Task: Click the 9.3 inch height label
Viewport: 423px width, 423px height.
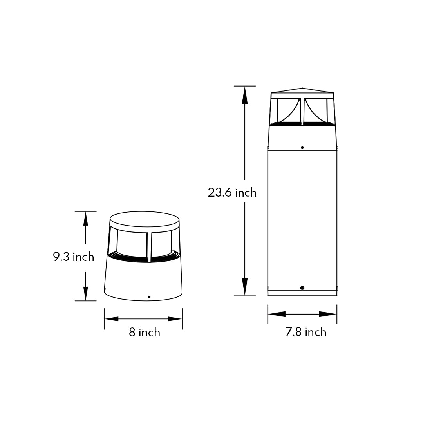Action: pos(74,257)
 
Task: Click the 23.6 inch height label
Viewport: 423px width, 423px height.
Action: pos(232,193)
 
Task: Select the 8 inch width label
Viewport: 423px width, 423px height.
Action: pos(145,333)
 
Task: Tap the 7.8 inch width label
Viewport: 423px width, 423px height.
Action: pos(305,332)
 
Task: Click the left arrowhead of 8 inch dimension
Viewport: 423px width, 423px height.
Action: pos(111,319)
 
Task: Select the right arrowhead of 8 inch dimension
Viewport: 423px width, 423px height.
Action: pos(175,319)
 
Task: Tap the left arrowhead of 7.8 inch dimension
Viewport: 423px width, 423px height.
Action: pos(276,314)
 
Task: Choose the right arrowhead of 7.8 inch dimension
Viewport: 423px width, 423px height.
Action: pos(328,314)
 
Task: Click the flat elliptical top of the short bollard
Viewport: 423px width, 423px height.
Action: pos(144,219)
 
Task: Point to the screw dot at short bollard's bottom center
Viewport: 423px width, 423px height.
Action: pos(149,297)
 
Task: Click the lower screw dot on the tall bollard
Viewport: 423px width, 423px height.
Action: pos(302,288)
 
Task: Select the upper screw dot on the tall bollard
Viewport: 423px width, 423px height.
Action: pos(302,148)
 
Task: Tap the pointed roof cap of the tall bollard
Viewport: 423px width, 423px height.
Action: pos(302,90)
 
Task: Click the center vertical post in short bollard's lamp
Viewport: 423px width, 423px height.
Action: pos(149,247)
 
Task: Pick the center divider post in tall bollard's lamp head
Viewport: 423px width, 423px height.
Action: pos(302,112)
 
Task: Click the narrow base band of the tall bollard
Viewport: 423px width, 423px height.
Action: pos(302,293)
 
